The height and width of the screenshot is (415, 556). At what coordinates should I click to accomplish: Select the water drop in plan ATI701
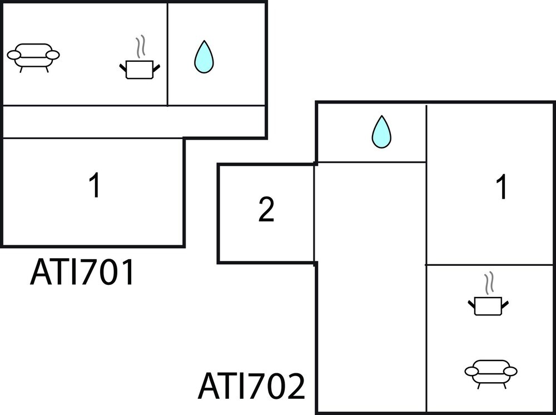[203, 57]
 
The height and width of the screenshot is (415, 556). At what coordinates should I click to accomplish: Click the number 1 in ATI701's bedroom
[96, 186]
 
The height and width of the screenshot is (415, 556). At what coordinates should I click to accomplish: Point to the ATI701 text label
[82, 273]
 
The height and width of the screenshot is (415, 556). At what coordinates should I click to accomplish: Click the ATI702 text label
[251, 386]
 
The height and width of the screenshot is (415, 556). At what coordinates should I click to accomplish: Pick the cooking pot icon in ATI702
[488, 305]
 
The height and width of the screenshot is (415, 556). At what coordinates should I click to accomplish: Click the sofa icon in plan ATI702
[491, 372]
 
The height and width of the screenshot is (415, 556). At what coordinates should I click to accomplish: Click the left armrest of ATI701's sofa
[13, 55]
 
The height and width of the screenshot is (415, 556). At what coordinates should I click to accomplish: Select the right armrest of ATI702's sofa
[510, 370]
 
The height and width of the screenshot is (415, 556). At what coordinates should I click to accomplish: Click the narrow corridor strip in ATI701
[133, 121]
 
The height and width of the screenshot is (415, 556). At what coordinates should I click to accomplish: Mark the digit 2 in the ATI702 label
[294, 386]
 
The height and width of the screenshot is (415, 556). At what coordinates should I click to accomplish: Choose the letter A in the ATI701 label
[41, 273]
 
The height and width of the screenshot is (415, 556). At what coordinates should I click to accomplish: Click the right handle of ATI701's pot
[156, 67]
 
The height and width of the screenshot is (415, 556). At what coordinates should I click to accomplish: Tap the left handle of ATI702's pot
[471, 303]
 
